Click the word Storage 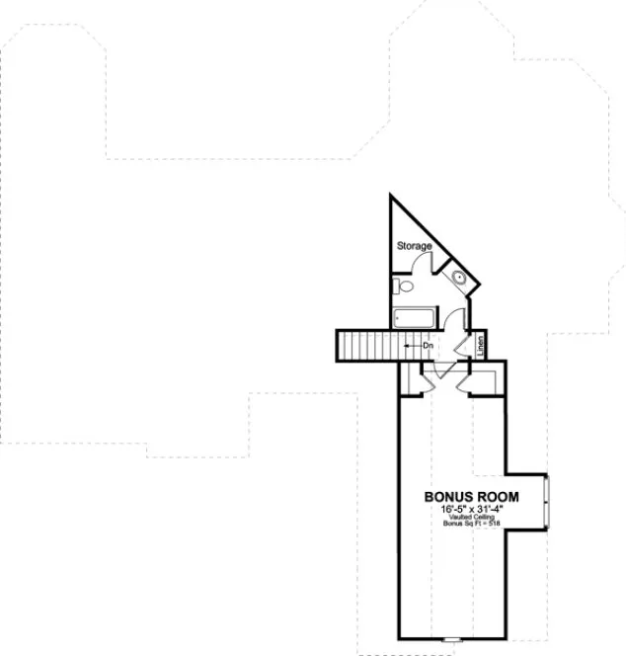[414, 245]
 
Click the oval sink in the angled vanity [459, 278]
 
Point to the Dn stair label [429, 346]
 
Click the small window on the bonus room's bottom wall [454, 640]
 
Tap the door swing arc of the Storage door [422, 262]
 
